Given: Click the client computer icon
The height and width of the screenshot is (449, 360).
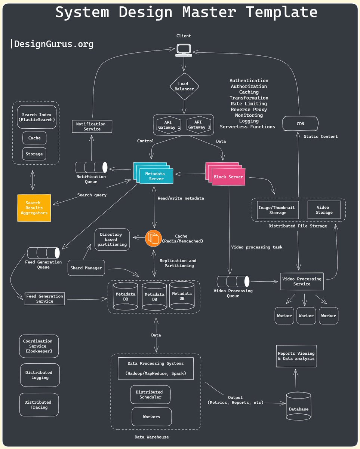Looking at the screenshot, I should [184, 50].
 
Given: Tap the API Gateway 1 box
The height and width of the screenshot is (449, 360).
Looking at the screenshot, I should [167, 125].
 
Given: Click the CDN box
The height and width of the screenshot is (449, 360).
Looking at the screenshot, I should [300, 123].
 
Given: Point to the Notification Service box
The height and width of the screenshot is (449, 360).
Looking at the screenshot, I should [92, 126].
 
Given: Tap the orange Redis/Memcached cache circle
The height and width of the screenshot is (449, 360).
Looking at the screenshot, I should [153, 238].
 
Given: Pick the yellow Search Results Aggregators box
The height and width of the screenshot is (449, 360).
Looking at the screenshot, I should [34, 208].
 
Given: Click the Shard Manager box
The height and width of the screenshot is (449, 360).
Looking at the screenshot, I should [86, 268].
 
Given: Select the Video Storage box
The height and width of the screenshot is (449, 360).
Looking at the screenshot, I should [324, 210].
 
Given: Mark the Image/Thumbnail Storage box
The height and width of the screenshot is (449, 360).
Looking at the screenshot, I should [278, 210].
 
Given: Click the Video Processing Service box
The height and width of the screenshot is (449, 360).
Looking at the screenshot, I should [302, 281].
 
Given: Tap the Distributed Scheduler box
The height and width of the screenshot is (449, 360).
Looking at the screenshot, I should [151, 394].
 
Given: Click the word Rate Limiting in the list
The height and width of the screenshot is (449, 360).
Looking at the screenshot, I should [249, 104].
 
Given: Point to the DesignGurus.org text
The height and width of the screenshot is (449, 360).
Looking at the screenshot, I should [52, 44].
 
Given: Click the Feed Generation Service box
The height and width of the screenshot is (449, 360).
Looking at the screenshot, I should [44, 299].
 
